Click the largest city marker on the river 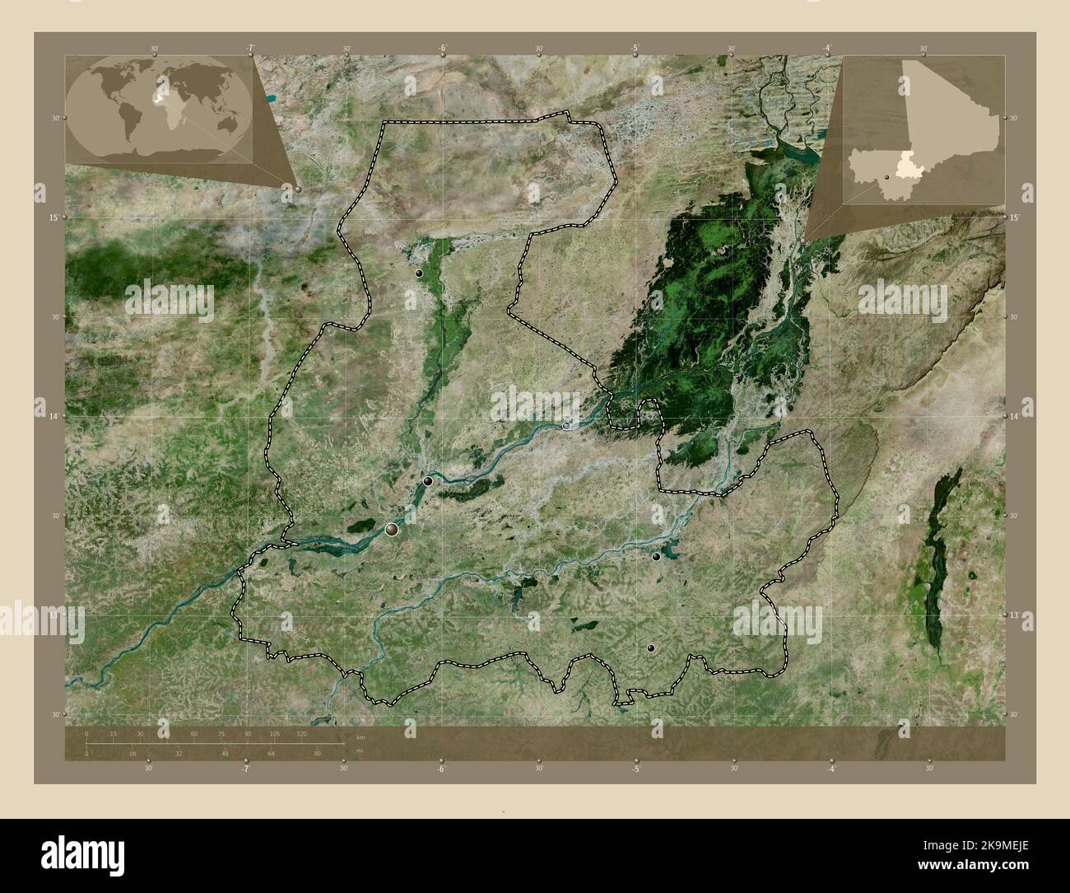(x=392, y=529)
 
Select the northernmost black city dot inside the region (x=419, y=273)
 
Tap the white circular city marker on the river (x=567, y=425)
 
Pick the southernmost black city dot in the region (x=651, y=649)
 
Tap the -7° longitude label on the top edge (x=249, y=49)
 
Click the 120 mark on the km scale (x=301, y=733)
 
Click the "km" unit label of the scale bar (x=360, y=736)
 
